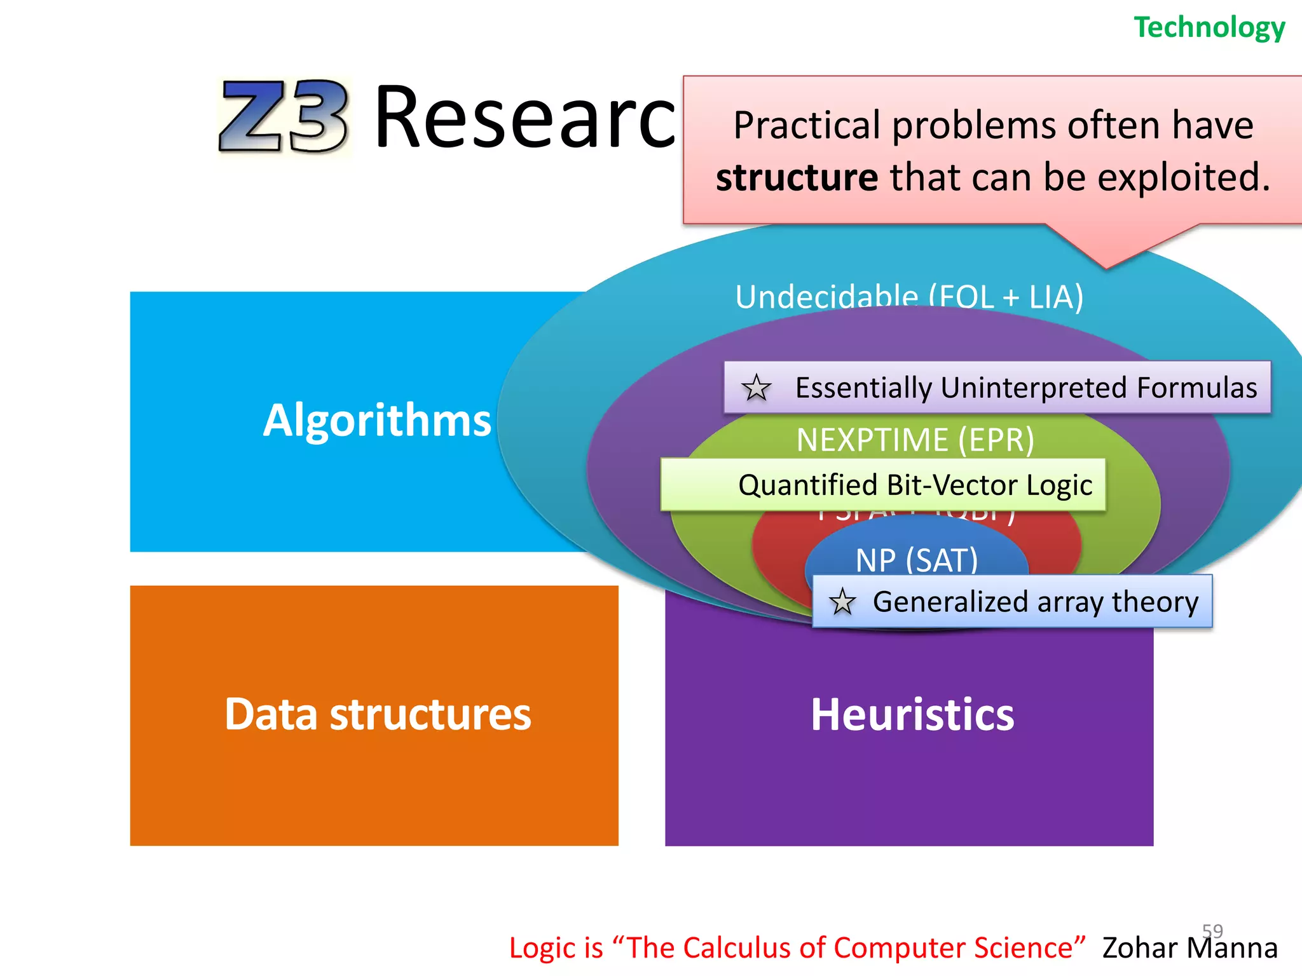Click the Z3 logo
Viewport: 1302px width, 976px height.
[284, 116]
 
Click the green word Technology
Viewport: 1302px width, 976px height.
[1209, 27]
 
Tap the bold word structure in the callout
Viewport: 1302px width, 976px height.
[797, 177]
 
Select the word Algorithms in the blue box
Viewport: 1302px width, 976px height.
[377, 421]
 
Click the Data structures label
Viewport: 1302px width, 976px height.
[378, 714]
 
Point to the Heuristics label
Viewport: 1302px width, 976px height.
[912, 715]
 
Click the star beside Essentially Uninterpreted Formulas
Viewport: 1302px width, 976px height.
[756, 388]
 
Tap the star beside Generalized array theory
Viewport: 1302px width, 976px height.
[842, 602]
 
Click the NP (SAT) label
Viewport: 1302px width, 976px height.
[916, 560]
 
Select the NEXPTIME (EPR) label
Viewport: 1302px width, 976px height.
[915, 440]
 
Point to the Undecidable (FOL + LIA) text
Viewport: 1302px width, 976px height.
[909, 297]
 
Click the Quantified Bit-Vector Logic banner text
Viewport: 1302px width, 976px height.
[915, 485]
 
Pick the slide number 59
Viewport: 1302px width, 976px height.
[1212, 931]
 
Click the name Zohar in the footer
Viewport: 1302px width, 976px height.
[1139, 948]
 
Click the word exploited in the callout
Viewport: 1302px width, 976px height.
[1182, 177]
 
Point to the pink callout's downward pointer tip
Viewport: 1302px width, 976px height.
[1106, 267]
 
